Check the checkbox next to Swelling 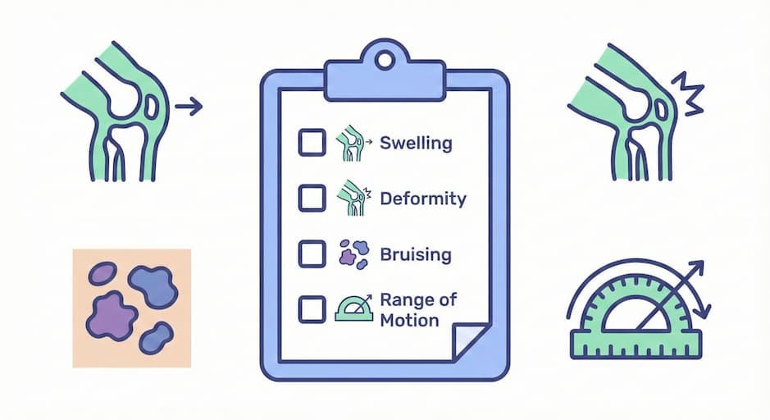tap(311, 144)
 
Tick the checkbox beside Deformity tap(311, 199)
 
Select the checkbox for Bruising tap(311, 253)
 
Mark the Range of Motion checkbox tap(311, 309)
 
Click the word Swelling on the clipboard tap(416, 144)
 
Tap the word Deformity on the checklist tap(423, 199)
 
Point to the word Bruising tap(416, 254)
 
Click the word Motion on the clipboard tap(409, 321)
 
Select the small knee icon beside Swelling tap(351, 144)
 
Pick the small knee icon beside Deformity tap(351, 199)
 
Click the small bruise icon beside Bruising tap(353, 254)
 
